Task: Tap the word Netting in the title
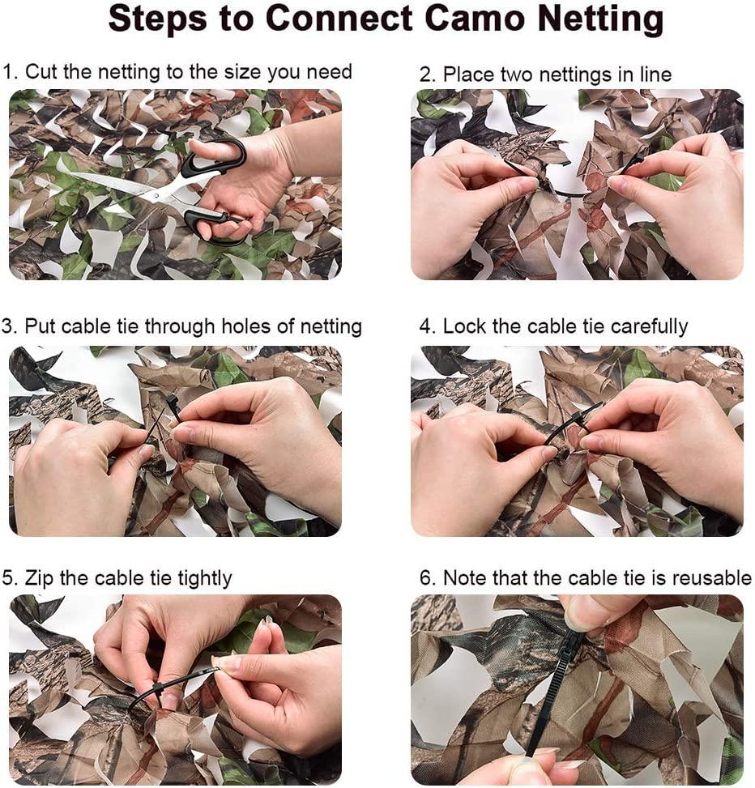coord(591,19)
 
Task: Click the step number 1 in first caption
coord(8,72)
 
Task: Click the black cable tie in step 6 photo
coord(551,696)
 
